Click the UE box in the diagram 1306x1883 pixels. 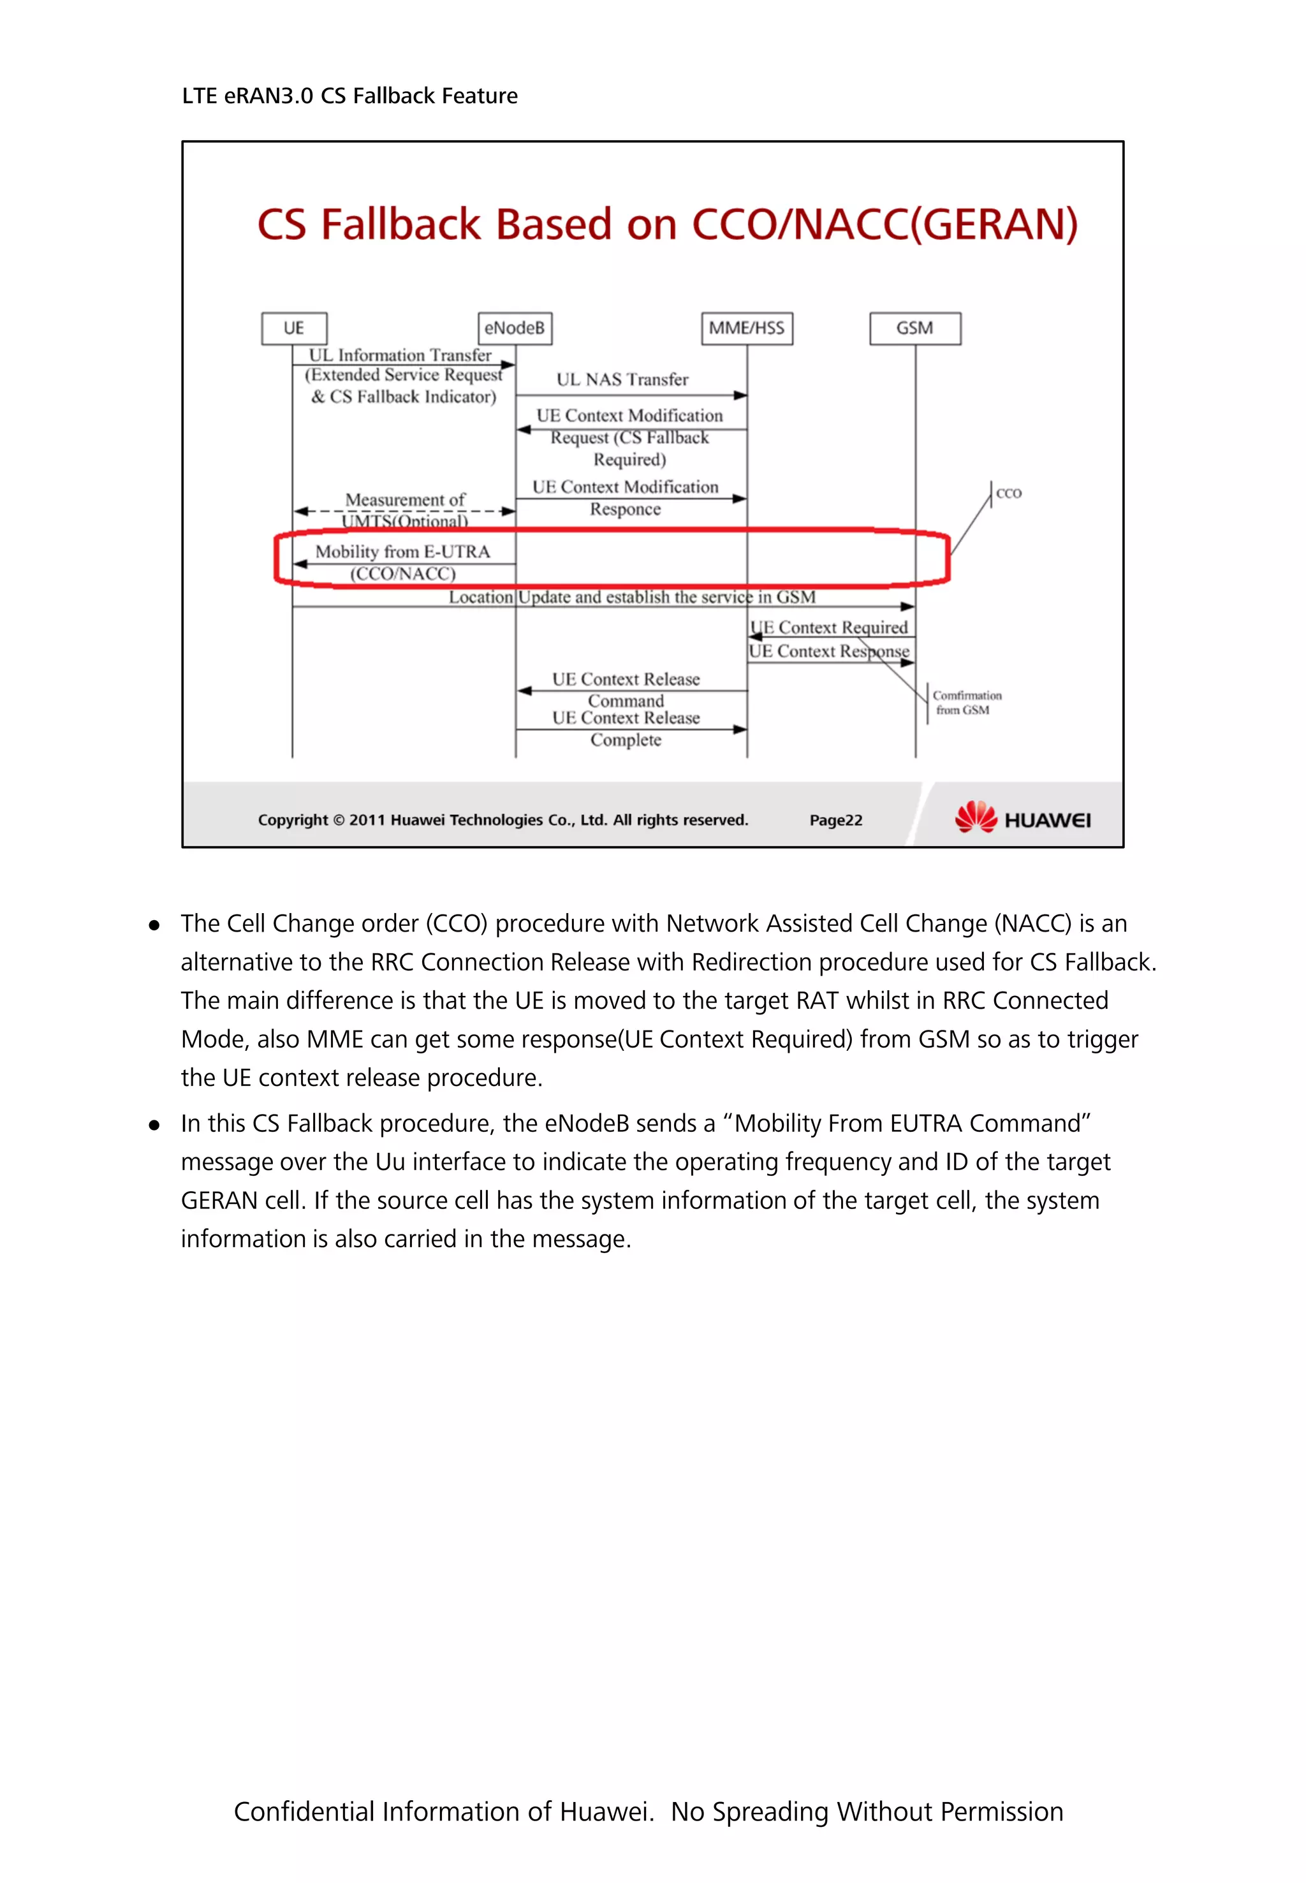(x=294, y=328)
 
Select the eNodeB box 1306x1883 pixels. (x=515, y=328)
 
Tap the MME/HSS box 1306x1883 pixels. (x=746, y=328)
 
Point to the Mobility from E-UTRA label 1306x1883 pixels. (x=402, y=552)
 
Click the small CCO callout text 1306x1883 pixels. (x=1008, y=494)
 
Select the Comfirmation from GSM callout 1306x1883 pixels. (x=966, y=702)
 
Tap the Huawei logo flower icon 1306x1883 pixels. (x=976, y=817)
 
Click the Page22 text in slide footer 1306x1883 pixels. (x=835, y=820)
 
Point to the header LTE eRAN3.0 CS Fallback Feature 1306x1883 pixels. (x=349, y=96)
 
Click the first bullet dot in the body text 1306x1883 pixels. (x=154, y=925)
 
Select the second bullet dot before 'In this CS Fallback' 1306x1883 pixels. (x=154, y=1125)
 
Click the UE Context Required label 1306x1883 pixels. (x=829, y=627)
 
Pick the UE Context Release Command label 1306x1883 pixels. (x=626, y=689)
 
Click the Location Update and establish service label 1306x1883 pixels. (x=632, y=597)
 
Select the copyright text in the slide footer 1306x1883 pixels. (x=503, y=820)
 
